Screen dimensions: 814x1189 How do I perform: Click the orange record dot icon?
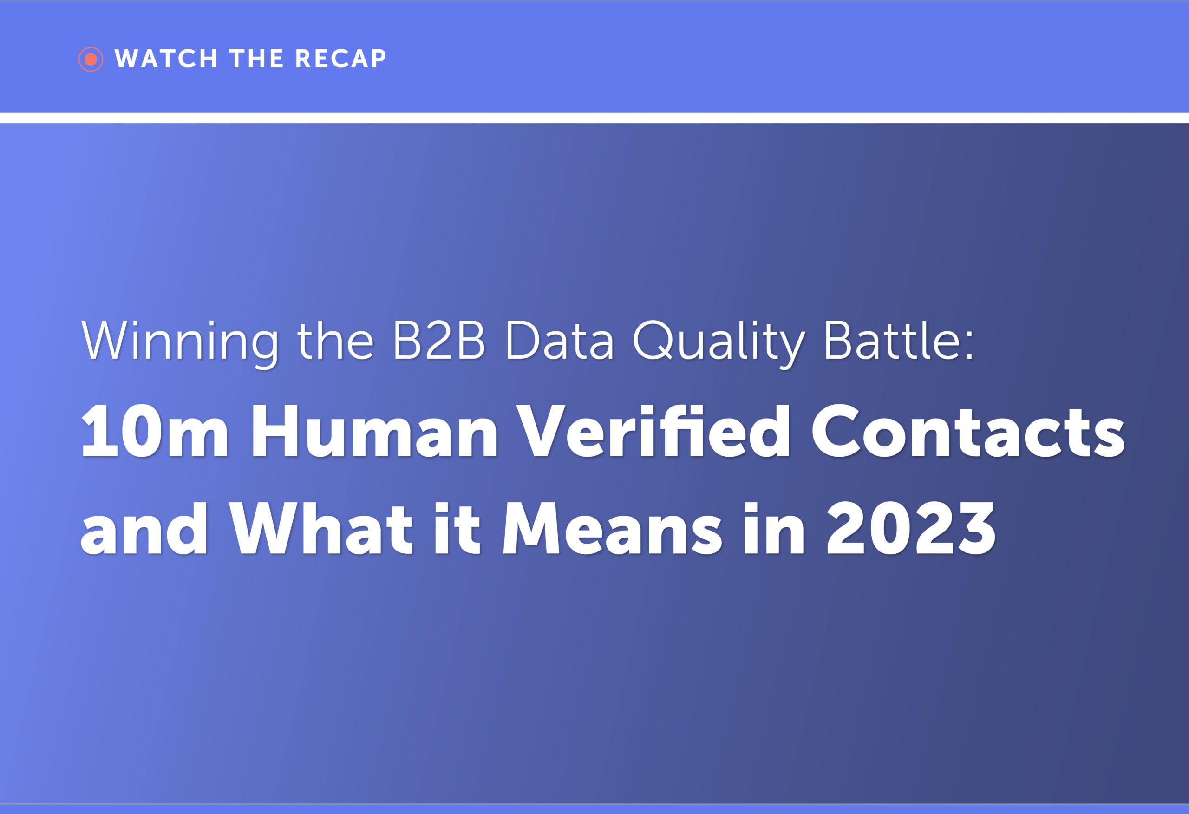point(91,59)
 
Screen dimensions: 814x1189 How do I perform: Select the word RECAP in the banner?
point(340,59)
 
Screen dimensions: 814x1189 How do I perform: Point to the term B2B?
point(438,341)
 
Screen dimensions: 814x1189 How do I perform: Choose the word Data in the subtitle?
point(559,341)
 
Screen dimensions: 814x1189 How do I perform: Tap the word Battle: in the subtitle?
point(898,341)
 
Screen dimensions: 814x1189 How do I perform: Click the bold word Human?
point(374,431)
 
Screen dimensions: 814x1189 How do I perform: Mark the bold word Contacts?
point(968,431)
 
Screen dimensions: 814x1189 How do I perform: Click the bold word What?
point(321,528)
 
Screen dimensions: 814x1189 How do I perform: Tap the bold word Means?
point(613,528)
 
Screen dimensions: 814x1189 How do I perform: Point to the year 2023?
point(911,528)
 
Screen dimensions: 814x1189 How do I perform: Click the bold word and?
point(144,528)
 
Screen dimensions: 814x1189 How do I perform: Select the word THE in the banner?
point(256,59)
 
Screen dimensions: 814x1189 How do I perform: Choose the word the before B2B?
point(336,341)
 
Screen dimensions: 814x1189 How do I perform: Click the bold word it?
point(457,528)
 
